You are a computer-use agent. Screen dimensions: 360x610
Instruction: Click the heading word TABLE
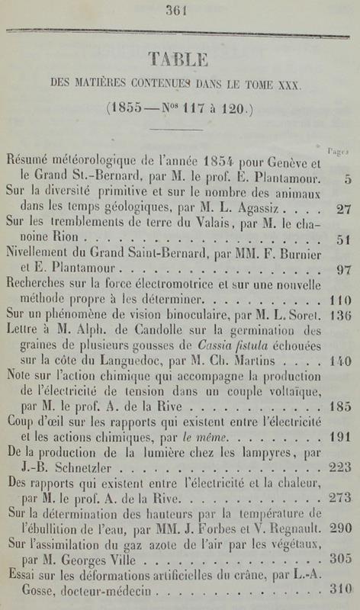pyautogui.click(x=179, y=60)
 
